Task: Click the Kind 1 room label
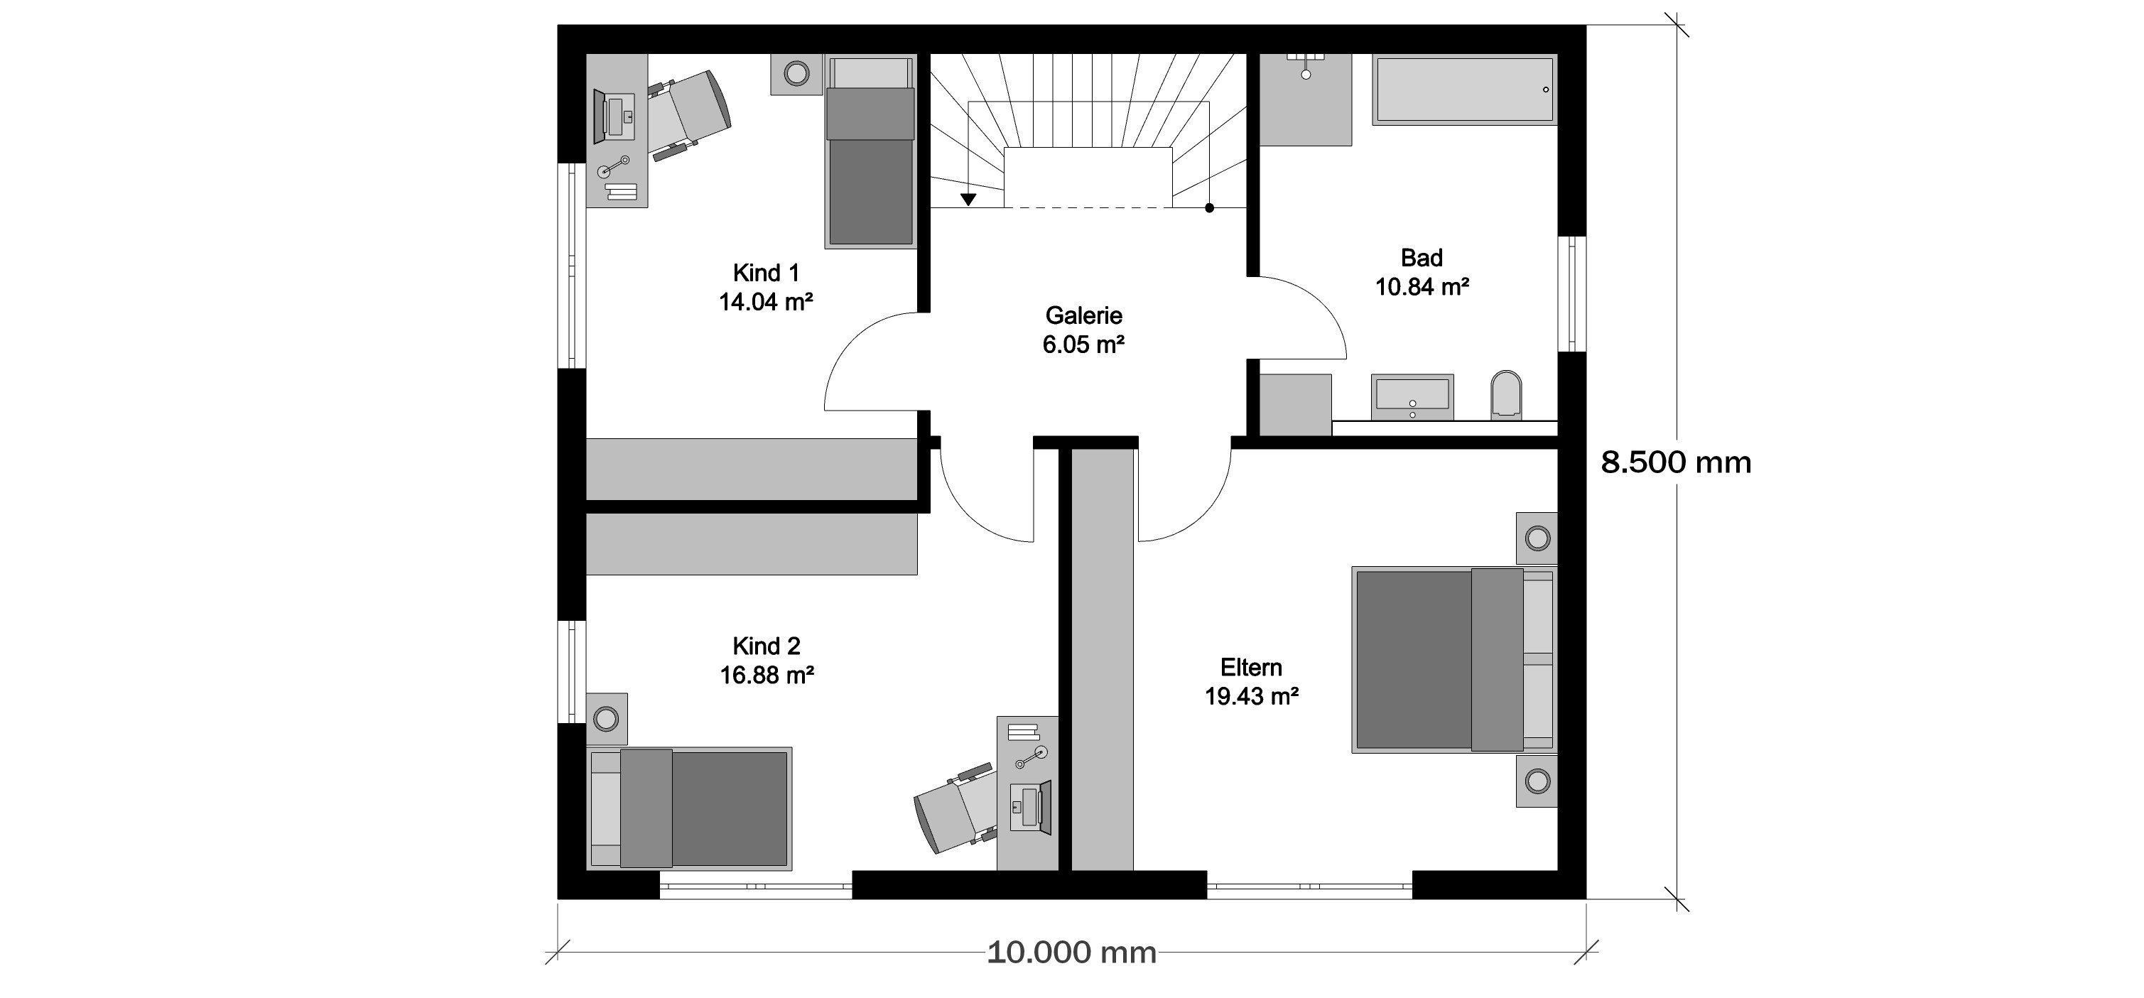click(x=766, y=273)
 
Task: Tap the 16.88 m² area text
click(x=767, y=675)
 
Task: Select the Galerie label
click(x=1083, y=315)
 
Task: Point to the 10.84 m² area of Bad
click(x=1422, y=287)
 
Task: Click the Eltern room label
click(x=1251, y=668)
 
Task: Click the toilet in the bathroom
click(x=1505, y=394)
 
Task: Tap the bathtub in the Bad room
click(x=1464, y=90)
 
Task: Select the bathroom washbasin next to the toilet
click(x=1412, y=397)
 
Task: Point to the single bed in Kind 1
click(x=870, y=151)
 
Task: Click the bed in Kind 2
click(x=689, y=808)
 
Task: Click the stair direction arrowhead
click(x=968, y=200)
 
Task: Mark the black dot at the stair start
click(x=1209, y=208)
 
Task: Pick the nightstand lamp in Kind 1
click(x=796, y=74)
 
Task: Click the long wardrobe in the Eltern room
click(x=1102, y=659)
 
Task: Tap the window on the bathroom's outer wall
click(x=1571, y=294)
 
